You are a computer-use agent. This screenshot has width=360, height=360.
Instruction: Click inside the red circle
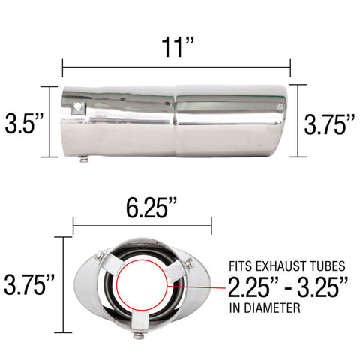[x=142, y=285]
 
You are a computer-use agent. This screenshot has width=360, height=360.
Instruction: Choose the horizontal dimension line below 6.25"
[x=142, y=223]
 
